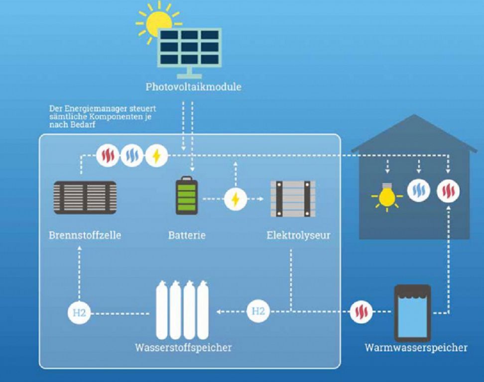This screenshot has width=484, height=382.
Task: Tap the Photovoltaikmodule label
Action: [x=193, y=87]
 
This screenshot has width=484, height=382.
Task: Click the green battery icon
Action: [x=187, y=196]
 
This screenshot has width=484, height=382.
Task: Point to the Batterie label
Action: [x=187, y=235]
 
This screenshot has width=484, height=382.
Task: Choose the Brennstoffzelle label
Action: [x=85, y=235]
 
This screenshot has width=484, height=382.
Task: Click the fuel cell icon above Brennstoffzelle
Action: [x=85, y=197]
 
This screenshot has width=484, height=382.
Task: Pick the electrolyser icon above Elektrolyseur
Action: [x=293, y=198]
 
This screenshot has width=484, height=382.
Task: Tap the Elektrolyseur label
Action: [x=298, y=235]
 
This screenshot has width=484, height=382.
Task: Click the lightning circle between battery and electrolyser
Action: [x=235, y=199]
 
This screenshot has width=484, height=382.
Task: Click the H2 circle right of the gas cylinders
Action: [x=258, y=312]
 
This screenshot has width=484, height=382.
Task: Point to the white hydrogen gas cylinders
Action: [x=182, y=310]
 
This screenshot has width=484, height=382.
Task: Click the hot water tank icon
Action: [x=412, y=313]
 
